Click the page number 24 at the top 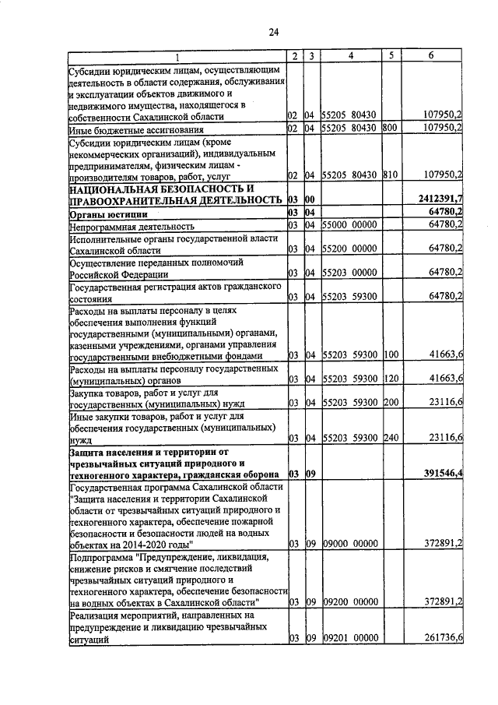click(273, 32)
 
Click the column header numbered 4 click(351, 56)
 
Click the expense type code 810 click(390, 174)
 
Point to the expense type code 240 click(390, 438)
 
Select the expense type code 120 click(390, 379)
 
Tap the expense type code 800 click(390, 128)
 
